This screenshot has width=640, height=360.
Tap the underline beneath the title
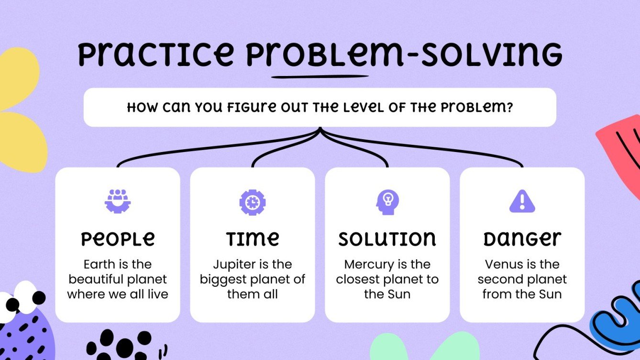coord(320,76)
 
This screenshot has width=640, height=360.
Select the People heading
coord(118,239)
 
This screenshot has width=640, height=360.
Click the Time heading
coord(253,239)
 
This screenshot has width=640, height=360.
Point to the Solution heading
coord(387,239)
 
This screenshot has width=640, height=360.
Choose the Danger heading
coord(522,239)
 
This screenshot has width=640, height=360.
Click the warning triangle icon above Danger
coord(522,201)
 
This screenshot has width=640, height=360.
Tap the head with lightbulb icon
coord(387,202)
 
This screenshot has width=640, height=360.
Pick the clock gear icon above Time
coord(252,202)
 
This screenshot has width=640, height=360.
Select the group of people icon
coord(118,201)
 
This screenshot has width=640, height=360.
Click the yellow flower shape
coord(19,110)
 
